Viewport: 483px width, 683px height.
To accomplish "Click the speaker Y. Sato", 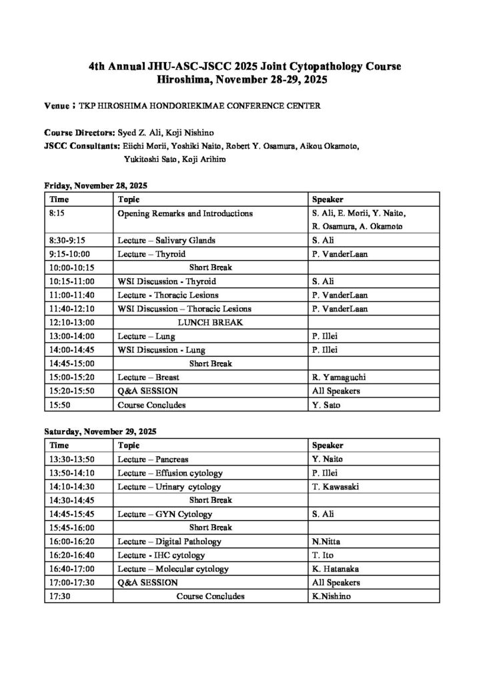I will click(326, 404).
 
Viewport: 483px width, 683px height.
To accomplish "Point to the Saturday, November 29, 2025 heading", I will click(99, 432).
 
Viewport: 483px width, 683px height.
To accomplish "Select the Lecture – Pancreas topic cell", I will click(153, 459).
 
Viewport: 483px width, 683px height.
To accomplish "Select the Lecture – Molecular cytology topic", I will click(173, 569).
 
